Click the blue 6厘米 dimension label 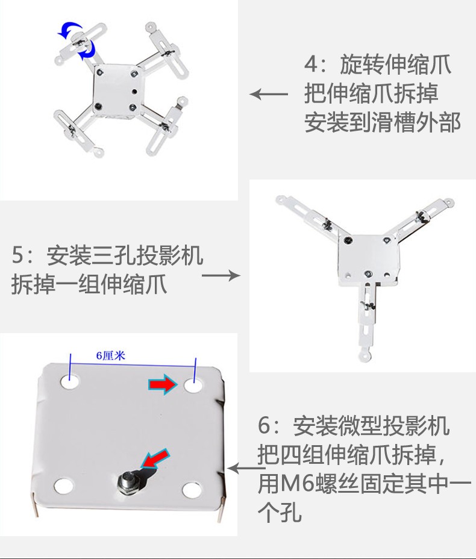click(x=110, y=355)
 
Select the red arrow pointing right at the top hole click(x=163, y=384)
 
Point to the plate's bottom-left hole click(x=63, y=486)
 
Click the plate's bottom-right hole click(x=192, y=490)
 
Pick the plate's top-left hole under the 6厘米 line click(x=70, y=381)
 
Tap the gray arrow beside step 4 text click(x=269, y=94)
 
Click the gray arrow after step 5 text click(x=221, y=275)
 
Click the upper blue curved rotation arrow click(x=69, y=30)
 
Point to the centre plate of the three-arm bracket click(x=368, y=259)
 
